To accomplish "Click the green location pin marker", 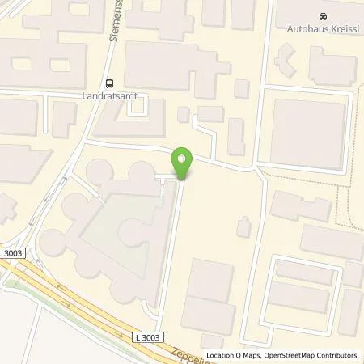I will click(x=183, y=162).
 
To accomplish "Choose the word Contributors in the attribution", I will click(x=337, y=355).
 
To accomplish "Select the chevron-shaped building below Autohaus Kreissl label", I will click(x=287, y=58).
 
